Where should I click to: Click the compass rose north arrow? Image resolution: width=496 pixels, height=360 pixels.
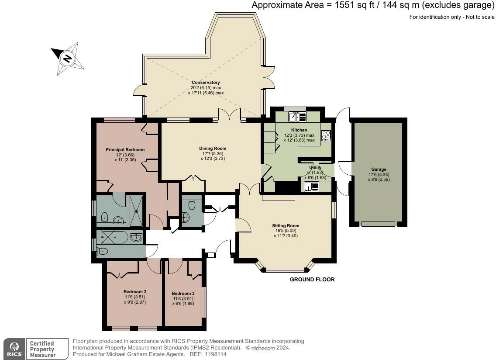[x=67, y=59]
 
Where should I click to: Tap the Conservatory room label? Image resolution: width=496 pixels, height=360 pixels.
[x=206, y=82]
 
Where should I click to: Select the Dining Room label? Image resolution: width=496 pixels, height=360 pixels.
[x=213, y=148]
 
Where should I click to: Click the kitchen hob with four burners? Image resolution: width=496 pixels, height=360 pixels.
[x=326, y=135]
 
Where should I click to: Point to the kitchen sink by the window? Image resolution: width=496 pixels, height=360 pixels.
[x=297, y=117]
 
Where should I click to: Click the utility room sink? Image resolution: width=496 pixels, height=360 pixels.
[x=312, y=187]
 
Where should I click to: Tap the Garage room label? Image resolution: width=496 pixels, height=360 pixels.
[x=379, y=170]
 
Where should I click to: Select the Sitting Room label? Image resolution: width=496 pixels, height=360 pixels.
[x=286, y=226]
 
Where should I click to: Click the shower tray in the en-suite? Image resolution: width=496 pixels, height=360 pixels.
[x=136, y=211]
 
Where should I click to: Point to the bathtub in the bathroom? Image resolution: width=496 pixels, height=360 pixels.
[x=114, y=237]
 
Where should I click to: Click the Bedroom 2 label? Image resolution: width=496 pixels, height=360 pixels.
[x=135, y=291]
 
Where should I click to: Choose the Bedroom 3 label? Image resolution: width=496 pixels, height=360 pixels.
[x=183, y=293]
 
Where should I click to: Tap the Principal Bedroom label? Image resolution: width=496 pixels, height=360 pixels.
[x=125, y=150]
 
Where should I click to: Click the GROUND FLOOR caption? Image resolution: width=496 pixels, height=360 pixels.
[x=312, y=280]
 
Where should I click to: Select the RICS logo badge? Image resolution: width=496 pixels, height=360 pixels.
[x=14, y=349]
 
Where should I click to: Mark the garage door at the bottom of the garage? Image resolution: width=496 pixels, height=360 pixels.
[x=378, y=224]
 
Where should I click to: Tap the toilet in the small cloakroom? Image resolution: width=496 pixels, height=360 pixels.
[x=192, y=205]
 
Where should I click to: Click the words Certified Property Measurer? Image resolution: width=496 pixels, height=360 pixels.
[x=42, y=349]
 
